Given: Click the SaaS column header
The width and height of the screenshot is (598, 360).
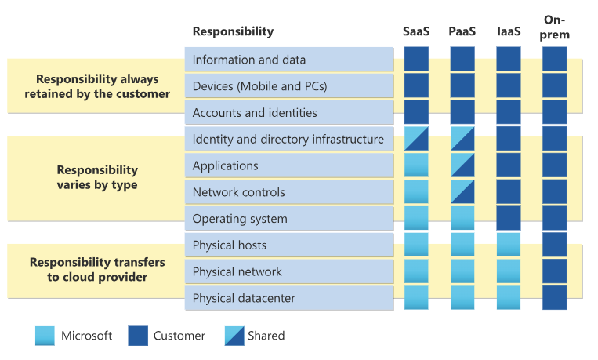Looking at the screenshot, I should [416, 31].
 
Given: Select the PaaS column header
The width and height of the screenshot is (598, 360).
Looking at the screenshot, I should [462, 31].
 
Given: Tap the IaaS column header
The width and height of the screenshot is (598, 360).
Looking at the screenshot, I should [509, 31].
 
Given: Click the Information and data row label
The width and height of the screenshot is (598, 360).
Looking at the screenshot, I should [249, 60].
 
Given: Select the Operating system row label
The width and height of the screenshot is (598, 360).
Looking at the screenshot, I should [240, 219].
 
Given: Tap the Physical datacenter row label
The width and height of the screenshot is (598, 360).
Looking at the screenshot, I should [244, 298].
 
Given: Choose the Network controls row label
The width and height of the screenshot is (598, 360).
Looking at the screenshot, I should [239, 192].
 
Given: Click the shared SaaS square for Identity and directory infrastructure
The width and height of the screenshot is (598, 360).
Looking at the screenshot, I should [416, 139].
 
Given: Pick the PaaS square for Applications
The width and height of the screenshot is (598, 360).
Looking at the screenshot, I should [462, 165].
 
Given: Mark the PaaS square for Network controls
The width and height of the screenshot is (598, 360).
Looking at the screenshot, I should [462, 192].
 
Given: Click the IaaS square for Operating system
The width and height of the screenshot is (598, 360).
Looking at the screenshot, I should [509, 219].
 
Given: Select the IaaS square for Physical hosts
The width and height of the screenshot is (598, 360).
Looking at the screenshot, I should [509, 245].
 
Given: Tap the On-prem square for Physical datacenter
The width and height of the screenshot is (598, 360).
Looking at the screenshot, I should [555, 298].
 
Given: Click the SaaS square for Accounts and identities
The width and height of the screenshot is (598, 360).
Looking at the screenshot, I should [416, 112].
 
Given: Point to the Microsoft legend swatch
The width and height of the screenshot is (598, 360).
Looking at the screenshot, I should [45, 336].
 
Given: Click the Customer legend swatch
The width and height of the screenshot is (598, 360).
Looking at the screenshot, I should [138, 336].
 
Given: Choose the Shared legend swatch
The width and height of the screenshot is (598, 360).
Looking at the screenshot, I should [232, 336].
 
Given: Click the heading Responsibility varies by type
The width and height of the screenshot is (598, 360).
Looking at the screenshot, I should [97, 177].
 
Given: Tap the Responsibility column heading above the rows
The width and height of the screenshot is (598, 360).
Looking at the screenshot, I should [233, 31].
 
